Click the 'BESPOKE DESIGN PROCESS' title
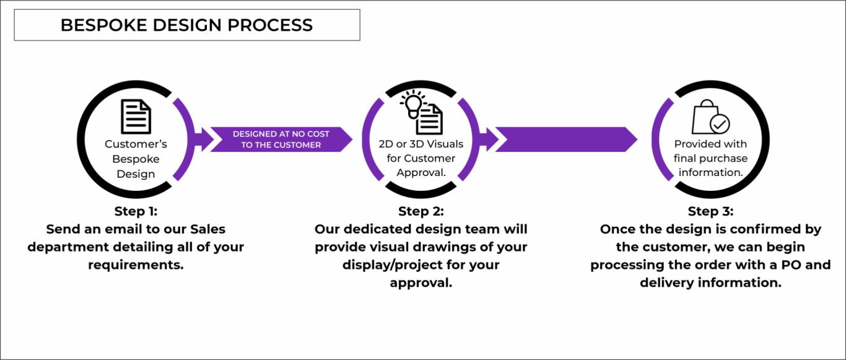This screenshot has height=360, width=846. point(186,25)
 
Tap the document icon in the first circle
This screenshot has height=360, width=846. point(136,116)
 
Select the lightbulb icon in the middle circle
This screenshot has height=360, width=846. point(413,104)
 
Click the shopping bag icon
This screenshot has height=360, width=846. point(705,116)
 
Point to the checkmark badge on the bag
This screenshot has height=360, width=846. point(720,124)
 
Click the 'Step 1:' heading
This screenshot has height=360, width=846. point(136,211)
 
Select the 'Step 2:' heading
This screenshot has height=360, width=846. point(421,211)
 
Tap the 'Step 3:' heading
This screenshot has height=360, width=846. point(710,211)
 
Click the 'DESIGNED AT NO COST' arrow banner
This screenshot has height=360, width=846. point(281,139)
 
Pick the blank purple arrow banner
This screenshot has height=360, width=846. point(566,139)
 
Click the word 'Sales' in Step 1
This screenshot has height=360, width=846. point(207,229)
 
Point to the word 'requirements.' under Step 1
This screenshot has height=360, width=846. point(136,265)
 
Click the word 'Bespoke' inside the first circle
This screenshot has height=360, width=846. point(136,159)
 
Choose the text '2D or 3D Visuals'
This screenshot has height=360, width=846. point(421,144)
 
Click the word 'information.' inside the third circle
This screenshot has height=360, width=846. point(711,172)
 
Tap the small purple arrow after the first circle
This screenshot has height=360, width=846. point(204,139)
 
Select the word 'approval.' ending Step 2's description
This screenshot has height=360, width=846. point(421,283)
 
